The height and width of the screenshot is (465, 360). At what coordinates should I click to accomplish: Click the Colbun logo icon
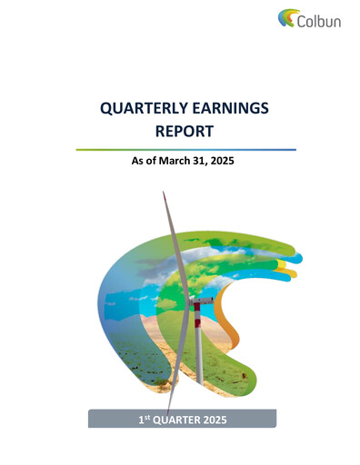(287, 17)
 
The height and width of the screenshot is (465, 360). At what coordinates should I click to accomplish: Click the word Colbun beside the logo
(319, 20)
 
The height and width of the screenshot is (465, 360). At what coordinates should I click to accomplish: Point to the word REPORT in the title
(185, 131)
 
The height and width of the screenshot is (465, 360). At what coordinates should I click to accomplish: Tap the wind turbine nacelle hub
(202, 301)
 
